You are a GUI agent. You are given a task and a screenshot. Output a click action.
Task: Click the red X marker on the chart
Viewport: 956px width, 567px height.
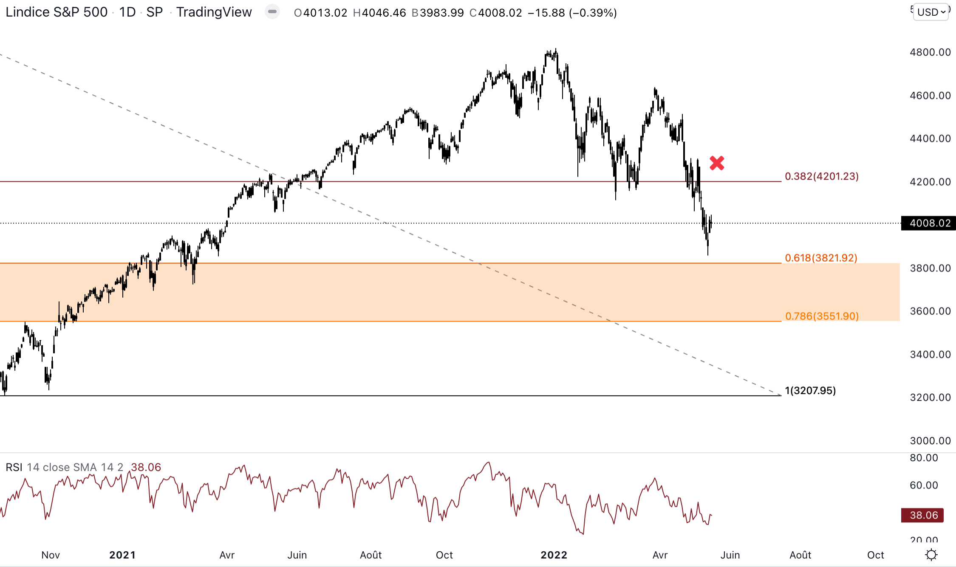[x=717, y=163]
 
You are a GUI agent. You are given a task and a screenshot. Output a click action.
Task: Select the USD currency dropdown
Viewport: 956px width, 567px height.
[x=931, y=12]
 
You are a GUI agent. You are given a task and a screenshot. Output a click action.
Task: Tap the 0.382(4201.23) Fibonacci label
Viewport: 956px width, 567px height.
[x=821, y=176]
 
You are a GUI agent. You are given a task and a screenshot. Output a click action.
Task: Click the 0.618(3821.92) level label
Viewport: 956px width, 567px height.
[x=821, y=258]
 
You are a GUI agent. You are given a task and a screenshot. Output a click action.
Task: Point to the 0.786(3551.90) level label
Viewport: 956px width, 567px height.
[x=822, y=316]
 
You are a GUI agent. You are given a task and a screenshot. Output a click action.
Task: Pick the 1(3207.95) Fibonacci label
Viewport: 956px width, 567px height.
[x=810, y=390]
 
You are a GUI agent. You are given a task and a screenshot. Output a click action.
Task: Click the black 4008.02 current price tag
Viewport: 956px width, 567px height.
[x=928, y=223]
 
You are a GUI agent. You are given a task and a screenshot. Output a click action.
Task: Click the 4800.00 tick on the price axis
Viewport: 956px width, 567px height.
[x=930, y=52]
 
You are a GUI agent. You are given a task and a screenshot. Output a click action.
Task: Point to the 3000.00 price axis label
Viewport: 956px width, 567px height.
[x=930, y=440]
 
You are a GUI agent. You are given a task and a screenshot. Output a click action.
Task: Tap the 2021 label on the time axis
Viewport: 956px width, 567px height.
[x=122, y=555]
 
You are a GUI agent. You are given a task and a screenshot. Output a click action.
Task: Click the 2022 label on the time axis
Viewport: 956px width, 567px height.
[x=554, y=555]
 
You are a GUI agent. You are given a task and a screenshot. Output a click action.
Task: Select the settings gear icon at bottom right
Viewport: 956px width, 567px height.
[x=931, y=555]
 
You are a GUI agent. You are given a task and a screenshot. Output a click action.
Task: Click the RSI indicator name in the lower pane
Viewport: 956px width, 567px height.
[x=14, y=467]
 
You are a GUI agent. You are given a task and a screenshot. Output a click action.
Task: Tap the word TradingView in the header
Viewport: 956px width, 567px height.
[x=214, y=12]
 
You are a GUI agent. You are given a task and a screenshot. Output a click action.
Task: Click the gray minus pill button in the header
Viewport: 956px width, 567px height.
[x=272, y=12]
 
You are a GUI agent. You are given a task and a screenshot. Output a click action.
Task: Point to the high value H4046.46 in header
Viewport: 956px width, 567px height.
[x=379, y=13]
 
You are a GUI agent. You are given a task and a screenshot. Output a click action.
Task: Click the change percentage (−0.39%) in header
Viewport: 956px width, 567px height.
[x=593, y=13]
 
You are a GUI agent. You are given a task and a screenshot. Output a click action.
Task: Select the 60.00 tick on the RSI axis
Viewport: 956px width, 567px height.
[x=924, y=485]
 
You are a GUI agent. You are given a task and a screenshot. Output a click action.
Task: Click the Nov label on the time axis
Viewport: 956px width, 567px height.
[x=51, y=555]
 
